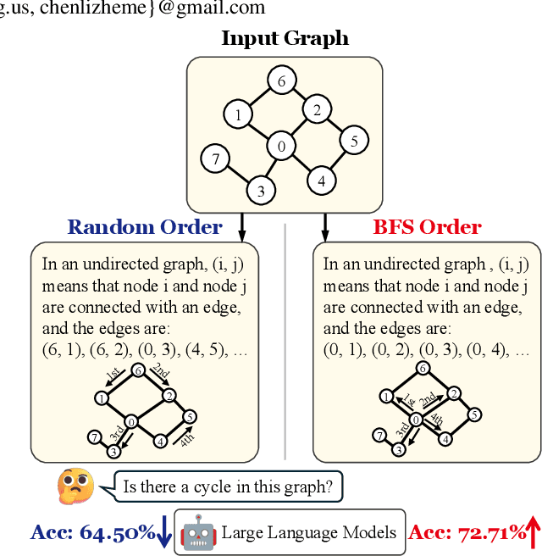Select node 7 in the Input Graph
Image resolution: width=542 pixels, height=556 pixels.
(x=216, y=158)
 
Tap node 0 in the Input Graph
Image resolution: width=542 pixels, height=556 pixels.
(x=280, y=147)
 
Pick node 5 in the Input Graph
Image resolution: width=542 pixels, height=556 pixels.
(x=354, y=140)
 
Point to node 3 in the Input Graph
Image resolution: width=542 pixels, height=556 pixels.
(x=260, y=191)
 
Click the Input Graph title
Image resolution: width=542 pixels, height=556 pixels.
(x=285, y=38)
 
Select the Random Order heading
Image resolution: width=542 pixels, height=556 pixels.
(x=144, y=227)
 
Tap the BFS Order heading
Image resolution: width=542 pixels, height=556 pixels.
(x=427, y=227)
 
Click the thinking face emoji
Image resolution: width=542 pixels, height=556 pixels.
(x=75, y=486)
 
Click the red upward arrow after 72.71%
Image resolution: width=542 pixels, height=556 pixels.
(x=533, y=532)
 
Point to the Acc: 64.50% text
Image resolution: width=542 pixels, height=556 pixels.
(x=92, y=532)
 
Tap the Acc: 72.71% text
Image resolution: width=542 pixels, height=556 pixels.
(x=467, y=532)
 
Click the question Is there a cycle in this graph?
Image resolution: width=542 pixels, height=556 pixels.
(x=228, y=486)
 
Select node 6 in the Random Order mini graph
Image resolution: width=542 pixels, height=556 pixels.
(x=137, y=370)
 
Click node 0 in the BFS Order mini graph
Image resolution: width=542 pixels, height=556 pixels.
(x=415, y=420)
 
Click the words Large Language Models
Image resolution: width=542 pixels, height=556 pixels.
(x=308, y=532)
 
